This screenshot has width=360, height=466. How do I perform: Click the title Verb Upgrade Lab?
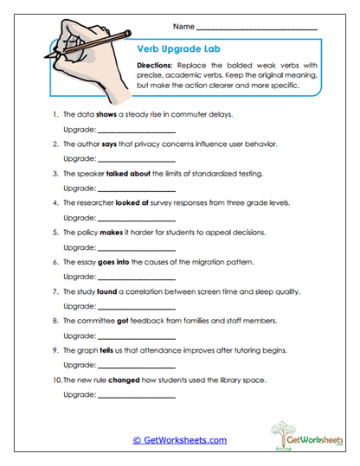pyautogui.click(x=175, y=49)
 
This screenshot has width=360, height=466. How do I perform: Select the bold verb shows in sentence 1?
pyautogui.click(x=106, y=114)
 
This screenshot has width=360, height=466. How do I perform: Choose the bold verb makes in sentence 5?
pyautogui.click(x=115, y=233)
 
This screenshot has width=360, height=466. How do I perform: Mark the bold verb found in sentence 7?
pyautogui.click(x=107, y=291)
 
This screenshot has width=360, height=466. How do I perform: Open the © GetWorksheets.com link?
pyautogui.click(x=180, y=440)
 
